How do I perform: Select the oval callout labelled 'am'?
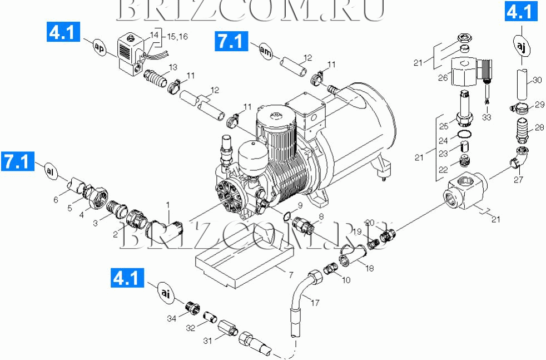[266, 50]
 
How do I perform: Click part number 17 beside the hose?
[315, 303]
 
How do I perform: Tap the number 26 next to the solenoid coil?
[443, 78]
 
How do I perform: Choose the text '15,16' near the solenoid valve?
[177, 36]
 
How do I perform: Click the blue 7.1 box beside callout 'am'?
[230, 42]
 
